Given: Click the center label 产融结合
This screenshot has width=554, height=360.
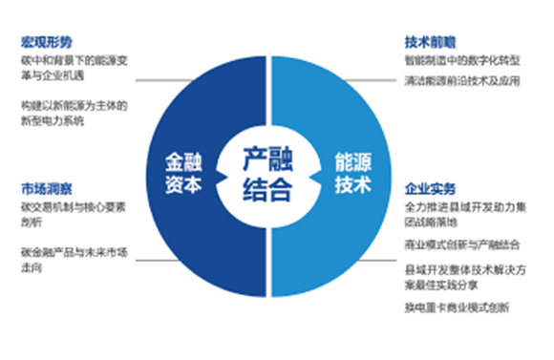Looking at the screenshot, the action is [266, 172].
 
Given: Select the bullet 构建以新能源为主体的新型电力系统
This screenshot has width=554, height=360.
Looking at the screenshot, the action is [73, 114].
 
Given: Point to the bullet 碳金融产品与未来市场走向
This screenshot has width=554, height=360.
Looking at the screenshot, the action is [73, 258].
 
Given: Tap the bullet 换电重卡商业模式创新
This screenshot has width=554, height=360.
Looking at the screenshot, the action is [457, 307].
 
